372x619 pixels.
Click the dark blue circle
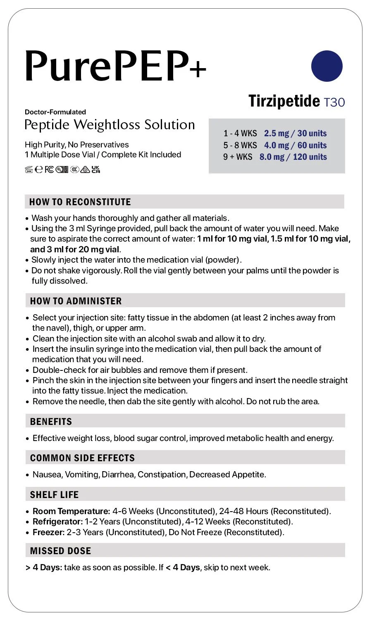pyautogui.click(x=327, y=66)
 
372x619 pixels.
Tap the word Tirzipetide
pyautogui.click(x=284, y=101)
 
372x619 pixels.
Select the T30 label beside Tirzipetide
pyautogui.click(x=334, y=102)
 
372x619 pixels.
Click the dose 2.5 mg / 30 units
pyautogui.click(x=295, y=133)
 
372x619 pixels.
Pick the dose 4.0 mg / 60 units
pyautogui.click(x=295, y=145)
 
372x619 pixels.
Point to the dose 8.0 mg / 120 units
pyautogui.click(x=293, y=157)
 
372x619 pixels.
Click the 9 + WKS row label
pyautogui.click(x=238, y=157)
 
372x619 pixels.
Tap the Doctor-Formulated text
pyautogui.click(x=55, y=112)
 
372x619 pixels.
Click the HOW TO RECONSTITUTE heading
pyautogui.click(x=80, y=202)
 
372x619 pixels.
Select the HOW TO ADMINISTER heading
pyautogui.click(x=76, y=301)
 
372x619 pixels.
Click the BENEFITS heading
pyautogui.click(x=51, y=422)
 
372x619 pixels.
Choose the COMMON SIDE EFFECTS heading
pyautogui.click(x=82, y=458)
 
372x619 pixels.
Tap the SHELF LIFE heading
pyautogui.click(x=54, y=495)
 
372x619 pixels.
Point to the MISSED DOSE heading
pyautogui.click(x=60, y=551)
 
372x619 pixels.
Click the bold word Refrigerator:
pyautogui.click(x=57, y=522)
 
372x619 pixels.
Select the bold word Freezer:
pyautogui.click(x=48, y=532)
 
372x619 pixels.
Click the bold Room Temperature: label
pyautogui.click(x=71, y=511)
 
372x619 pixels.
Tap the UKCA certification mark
pyautogui.click(x=96, y=169)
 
